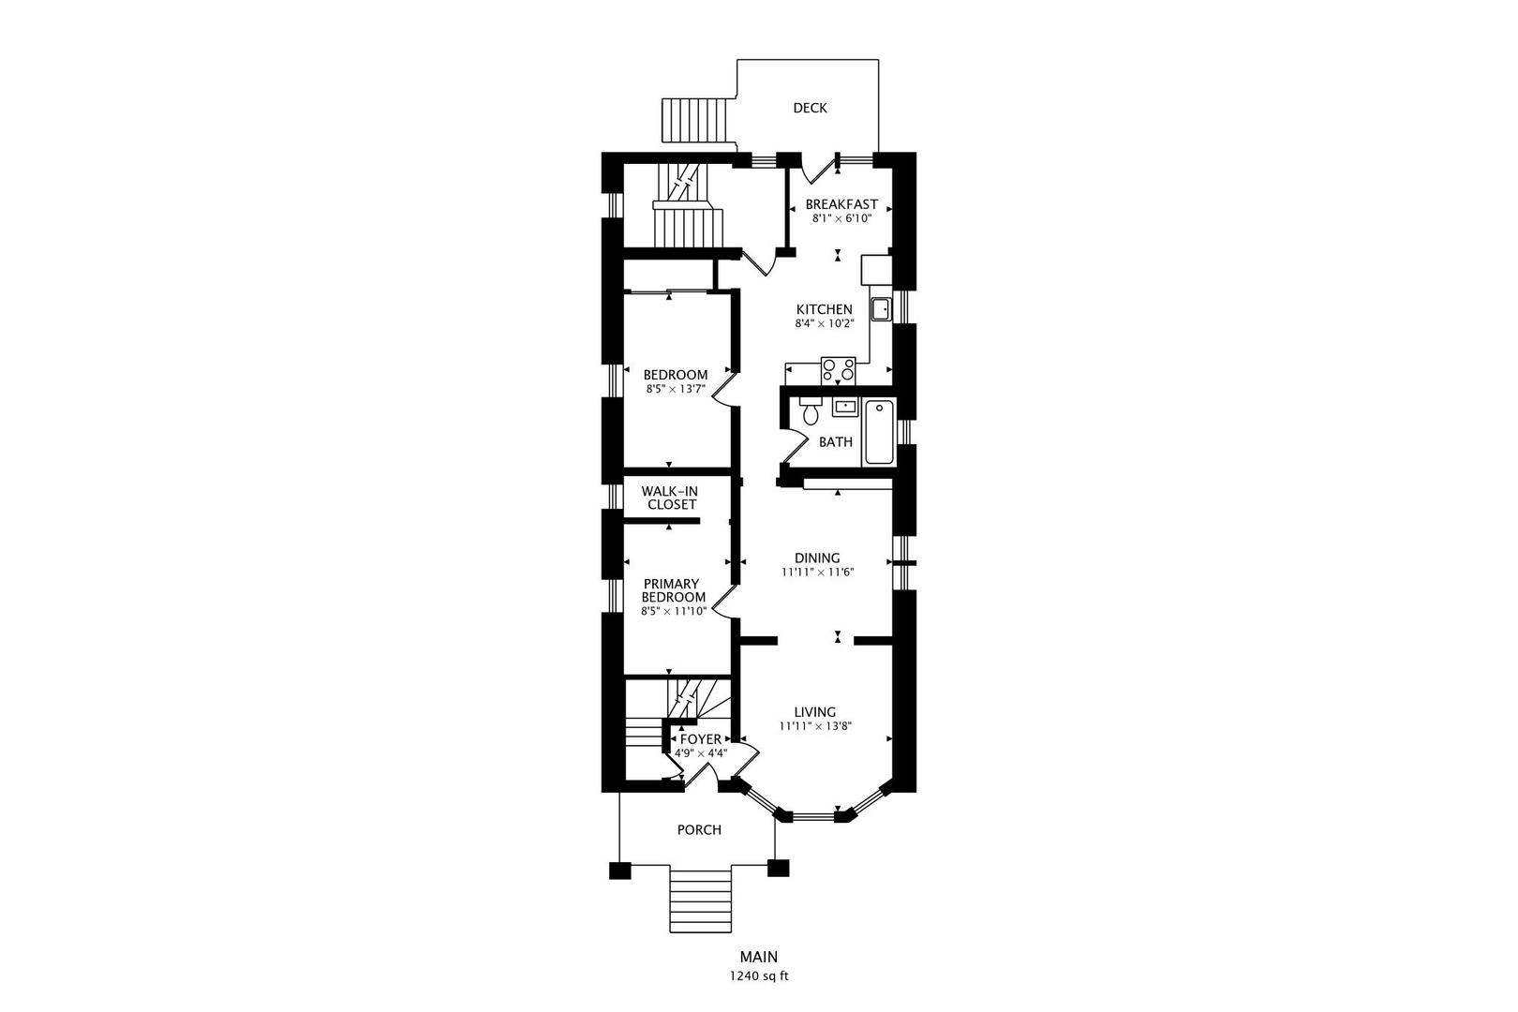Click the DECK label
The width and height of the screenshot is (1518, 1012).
click(x=810, y=108)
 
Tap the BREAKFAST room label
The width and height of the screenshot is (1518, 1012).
click(x=841, y=204)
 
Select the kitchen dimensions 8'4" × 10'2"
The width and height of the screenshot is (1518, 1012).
click(x=824, y=324)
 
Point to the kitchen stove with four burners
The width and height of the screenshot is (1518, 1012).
click(x=839, y=370)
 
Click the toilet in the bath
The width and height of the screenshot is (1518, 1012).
click(x=811, y=410)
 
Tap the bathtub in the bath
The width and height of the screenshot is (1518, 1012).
click(x=880, y=433)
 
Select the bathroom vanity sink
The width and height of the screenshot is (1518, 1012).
click(x=844, y=408)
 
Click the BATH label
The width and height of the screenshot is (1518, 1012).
click(x=836, y=442)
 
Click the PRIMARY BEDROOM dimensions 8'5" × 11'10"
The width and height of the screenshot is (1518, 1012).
click(x=675, y=611)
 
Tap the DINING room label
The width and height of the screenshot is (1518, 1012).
click(x=817, y=558)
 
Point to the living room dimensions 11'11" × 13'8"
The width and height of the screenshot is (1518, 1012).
click(x=815, y=726)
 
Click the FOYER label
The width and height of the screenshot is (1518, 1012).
click(x=701, y=739)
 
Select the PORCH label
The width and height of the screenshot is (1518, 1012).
click(x=699, y=829)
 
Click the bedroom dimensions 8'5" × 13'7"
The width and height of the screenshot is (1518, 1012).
click(x=676, y=389)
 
